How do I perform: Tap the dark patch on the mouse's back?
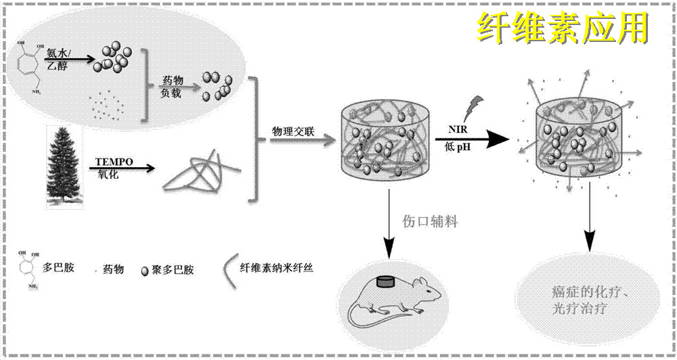(x=386, y=281)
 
